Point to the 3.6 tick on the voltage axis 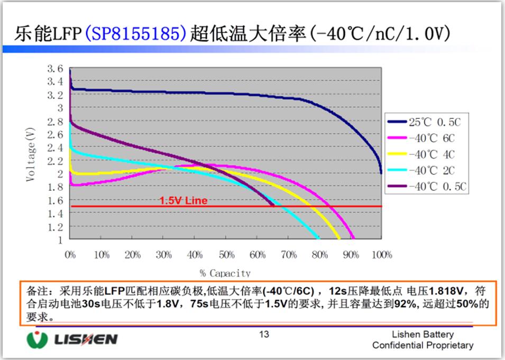point(55,69)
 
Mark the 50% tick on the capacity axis point(226,255)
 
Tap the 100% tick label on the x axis point(381,255)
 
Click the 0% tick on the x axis point(70,255)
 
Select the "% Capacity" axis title point(225,273)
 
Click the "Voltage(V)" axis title point(31,154)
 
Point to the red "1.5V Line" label point(183,201)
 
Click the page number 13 point(264,334)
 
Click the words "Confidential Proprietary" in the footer point(423,345)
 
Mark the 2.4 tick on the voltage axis point(55,147)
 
